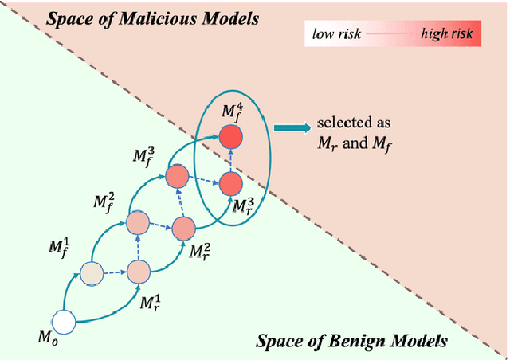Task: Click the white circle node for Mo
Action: click(63, 323)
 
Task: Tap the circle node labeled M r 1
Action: click(139, 273)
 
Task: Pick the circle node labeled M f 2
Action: click(138, 221)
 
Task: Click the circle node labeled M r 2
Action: click(183, 229)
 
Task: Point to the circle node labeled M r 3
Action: click(229, 184)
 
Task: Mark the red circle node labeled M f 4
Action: click(229, 136)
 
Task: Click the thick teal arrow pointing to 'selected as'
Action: click(290, 125)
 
